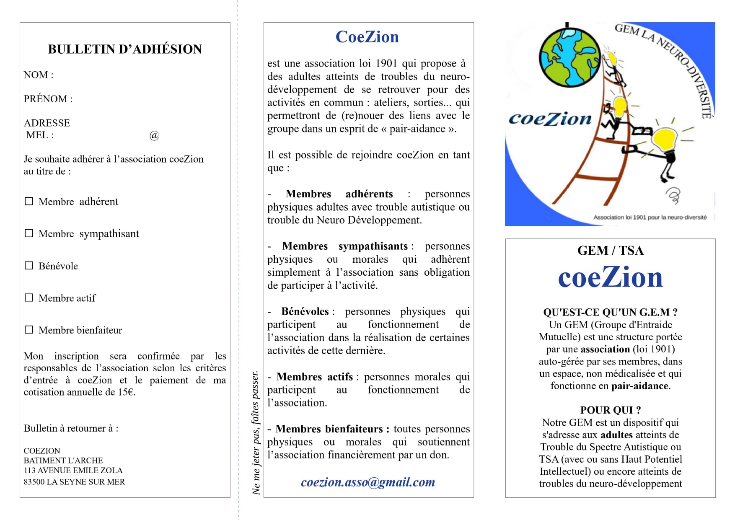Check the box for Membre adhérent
pos(29,202)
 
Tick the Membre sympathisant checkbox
pos(29,233)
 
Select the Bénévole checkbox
pos(29,266)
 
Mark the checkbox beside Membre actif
pos(29,298)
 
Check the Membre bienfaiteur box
pos(29,330)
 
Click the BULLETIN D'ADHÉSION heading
pos(125,49)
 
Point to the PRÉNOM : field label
pos(48,99)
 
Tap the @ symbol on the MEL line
pos(154,135)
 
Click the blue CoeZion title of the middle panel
pos(367,37)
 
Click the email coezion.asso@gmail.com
pos(368,482)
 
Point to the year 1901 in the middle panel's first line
pos(386,63)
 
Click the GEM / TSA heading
pos(610,251)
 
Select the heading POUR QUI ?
pos(610,410)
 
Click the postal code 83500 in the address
pos(34,482)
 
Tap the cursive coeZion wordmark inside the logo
pos(550,119)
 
